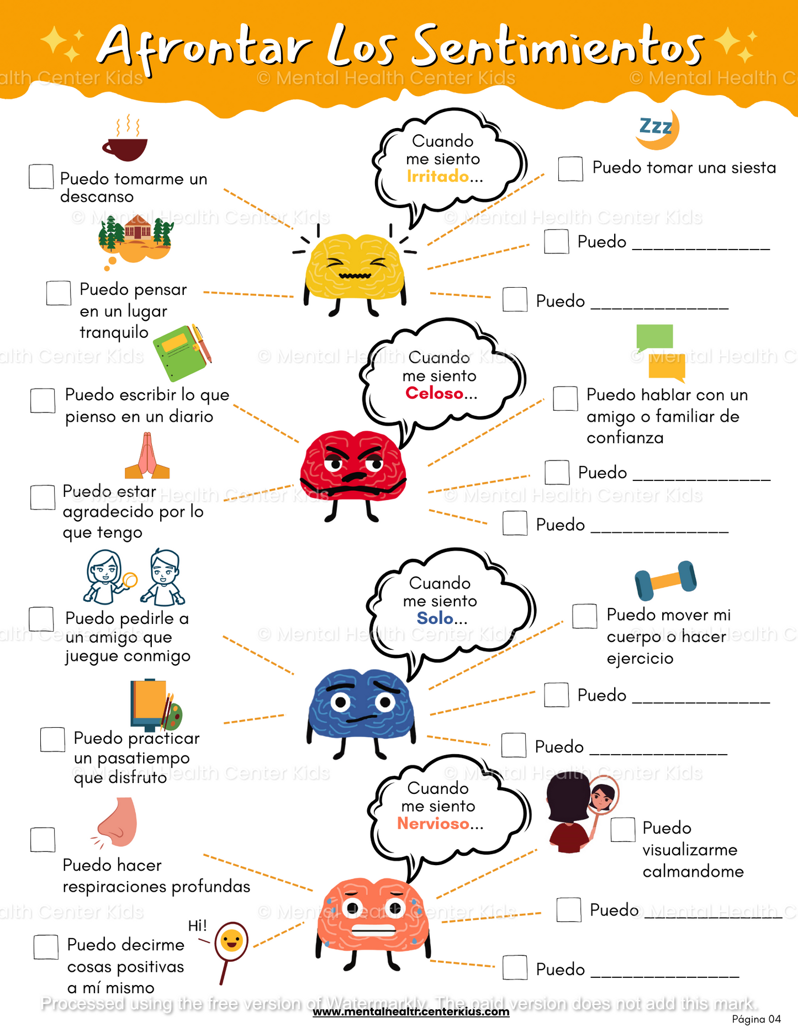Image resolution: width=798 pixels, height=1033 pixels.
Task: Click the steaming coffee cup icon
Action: point(125,144)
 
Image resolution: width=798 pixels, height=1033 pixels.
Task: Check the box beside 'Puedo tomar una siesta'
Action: point(570,168)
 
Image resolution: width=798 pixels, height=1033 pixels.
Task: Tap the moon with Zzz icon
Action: point(658,129)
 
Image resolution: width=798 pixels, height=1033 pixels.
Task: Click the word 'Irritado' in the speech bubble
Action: point(437,177)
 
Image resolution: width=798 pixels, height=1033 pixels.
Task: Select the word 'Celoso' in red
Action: point(434,393)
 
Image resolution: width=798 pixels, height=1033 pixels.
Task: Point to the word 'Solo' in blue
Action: point(435,618)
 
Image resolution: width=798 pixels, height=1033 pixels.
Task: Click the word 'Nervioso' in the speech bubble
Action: point(433,824)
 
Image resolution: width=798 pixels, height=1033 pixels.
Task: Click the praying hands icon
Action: point(147,457)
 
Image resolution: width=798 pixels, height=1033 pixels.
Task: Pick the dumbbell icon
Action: point(665,580)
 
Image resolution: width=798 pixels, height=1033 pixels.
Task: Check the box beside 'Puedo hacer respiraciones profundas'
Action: point(43,840)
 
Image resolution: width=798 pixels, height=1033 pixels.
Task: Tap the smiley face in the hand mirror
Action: point(231,941)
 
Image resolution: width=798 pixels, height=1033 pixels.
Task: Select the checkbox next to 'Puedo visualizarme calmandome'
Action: point(622,829)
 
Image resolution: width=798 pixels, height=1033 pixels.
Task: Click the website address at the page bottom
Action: point(411,1012)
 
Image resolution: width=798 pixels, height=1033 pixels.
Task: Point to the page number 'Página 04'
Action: point(756,1019)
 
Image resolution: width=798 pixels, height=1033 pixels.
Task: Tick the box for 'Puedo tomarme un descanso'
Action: point(41,177)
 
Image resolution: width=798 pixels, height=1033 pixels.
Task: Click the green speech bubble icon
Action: point(654,337)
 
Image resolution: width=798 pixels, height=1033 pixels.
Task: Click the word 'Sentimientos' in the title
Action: point(558,47)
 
